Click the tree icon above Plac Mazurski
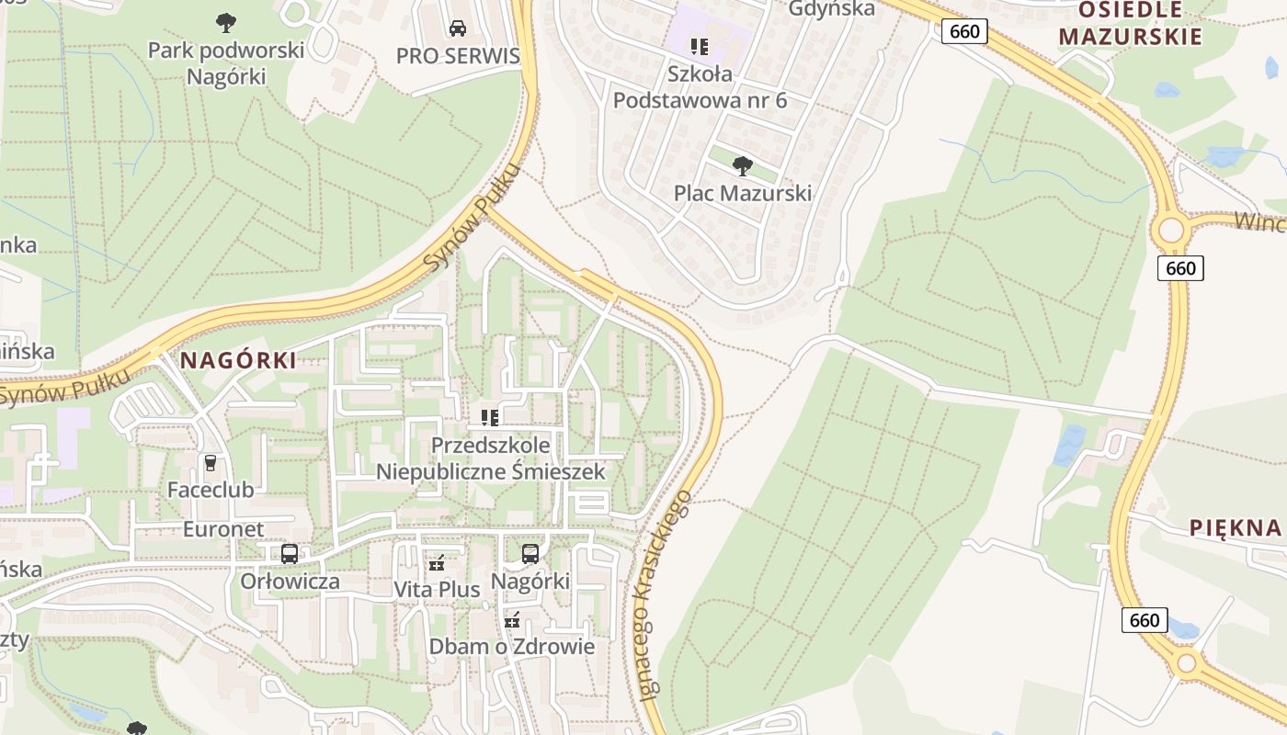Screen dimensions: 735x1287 pyautogui.click(x=742, y=166)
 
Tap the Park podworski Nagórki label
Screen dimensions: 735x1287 pyautogui.click(x=226, y=62)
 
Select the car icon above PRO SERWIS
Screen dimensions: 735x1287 pyautogui.click(x=457, y=28)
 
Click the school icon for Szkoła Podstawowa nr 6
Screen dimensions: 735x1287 pyautogui.click(x=700, y=46)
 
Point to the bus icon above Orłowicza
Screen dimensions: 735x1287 pyautogui.click(x=289, y=554)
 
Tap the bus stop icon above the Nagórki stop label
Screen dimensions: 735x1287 pyautogui.click(x=530, y=554)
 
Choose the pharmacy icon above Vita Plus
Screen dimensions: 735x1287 pyautogui.click(x=437, y=562)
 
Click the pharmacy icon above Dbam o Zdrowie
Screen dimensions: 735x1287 pyautogui.click(x=512, y=620)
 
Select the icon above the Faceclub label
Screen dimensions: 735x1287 pyautogui.click(x=211, y=463)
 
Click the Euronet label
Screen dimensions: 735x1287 pyautogui.click(x=223, y=529)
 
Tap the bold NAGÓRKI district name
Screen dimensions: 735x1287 pyautogui.click(x=239, y=361)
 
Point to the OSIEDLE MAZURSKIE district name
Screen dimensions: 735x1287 pyautogui.click(x=1130, y=24)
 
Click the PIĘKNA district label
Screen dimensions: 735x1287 pyautogui.click(x=1235, y=527)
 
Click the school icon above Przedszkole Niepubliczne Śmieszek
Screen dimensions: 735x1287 pyautogui.click(x=490, y=418)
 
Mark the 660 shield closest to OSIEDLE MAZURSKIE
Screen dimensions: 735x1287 pyautogui.click(x=964, y=32)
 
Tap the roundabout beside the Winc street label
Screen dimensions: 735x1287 pyautogui.click(x=1171, y=230)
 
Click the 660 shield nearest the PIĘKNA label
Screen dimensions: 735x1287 pyautogui.click(x=1145, y=620)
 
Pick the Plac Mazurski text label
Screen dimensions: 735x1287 pyautogui.click(x=743, y=193)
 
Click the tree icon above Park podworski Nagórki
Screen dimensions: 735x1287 pyautogui.click(x=226, y=22)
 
